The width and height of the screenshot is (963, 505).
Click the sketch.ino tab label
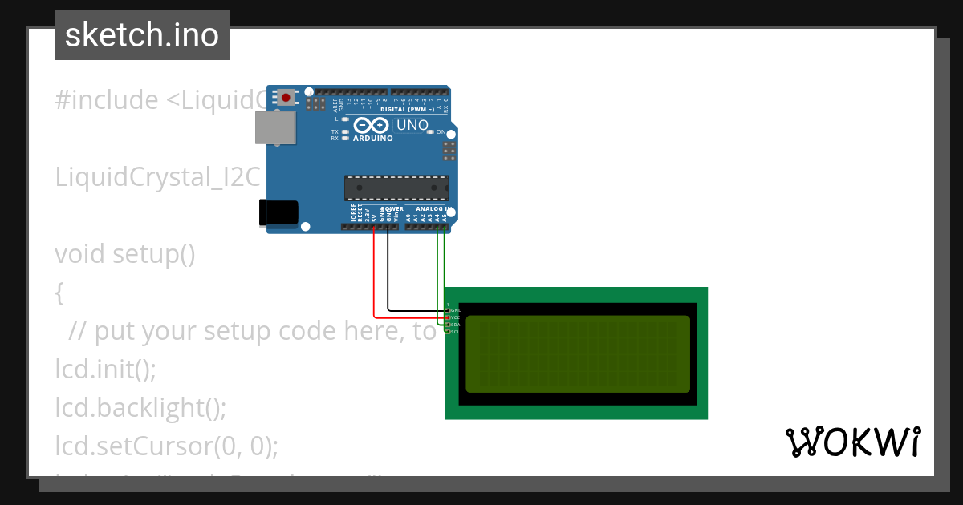(141, 35)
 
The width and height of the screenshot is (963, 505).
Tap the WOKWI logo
(852, 442)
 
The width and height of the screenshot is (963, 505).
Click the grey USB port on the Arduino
(274, 127)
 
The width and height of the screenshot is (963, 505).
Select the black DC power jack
(278, 212)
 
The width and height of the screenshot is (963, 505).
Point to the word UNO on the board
(412, 125)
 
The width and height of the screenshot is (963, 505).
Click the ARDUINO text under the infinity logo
(373, 139)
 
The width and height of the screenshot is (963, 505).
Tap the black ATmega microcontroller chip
(396, 188)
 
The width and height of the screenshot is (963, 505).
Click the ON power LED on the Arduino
(431, 131)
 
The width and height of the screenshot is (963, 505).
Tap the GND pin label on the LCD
(456, 309)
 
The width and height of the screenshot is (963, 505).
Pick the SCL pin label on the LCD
(454, 332)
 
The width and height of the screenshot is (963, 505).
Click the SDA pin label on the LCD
(454, 325)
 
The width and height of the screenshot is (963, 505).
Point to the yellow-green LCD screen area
(577, 353)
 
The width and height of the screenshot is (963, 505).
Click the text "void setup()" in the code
(125, 254)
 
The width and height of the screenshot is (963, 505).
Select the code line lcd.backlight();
(140, 408)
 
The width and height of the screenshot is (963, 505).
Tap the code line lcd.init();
(105, 370)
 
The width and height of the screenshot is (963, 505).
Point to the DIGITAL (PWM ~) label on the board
(408, 108)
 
